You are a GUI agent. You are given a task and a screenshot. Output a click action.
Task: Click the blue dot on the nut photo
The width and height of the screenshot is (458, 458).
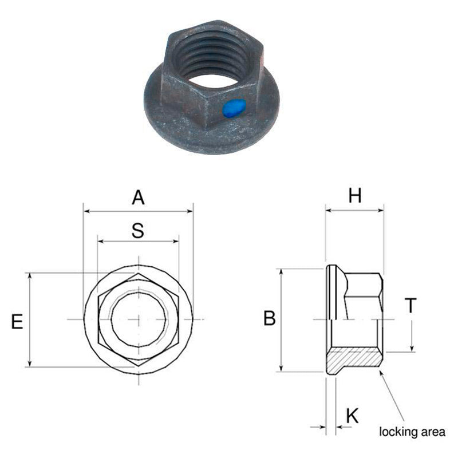[x=234, y=108]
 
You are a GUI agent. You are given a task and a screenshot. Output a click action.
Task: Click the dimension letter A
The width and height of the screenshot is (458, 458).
[x=138, y=198]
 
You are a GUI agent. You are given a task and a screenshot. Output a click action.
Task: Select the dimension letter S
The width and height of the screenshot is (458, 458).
[x=138, y=231]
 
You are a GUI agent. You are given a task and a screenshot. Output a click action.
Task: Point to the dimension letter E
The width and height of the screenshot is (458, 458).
[x=17, y=321]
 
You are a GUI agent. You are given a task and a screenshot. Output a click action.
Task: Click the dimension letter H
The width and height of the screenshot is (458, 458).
[x=355, y=195]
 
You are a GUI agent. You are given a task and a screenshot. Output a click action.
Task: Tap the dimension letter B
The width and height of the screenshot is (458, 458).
[x=270, y=318]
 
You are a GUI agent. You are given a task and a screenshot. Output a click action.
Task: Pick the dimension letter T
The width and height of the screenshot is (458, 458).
[x=410, y=305]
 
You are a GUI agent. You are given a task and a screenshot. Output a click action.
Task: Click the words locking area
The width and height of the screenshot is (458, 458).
[x=412, y=432]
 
